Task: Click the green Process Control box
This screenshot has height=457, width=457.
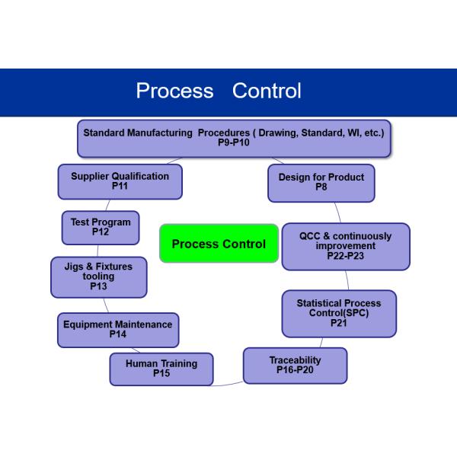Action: pos(219,244)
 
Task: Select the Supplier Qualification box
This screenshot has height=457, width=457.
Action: pos(120,181)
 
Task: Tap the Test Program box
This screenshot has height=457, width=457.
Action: pos(101,228)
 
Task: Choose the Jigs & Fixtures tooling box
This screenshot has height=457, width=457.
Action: pos(99,277)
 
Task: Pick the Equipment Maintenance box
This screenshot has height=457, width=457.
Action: pos(118,330)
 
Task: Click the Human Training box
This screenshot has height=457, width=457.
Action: pos(161,369)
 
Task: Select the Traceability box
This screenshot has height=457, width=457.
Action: pos(296,366)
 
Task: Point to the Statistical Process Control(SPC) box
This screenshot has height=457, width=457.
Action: pos(339,314)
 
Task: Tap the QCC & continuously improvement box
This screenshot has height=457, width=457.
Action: pos(346,247)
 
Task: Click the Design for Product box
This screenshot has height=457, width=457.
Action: pos(321,183)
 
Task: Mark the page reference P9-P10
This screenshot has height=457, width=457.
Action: pos(234,142)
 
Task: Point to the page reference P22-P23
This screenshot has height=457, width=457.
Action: pos(345,256)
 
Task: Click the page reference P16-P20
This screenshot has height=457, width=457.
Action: pos(295,370)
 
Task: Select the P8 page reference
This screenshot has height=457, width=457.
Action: pos(321,187)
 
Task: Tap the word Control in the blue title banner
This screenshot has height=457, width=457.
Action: pos(267,91)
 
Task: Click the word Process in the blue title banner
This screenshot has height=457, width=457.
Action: pos(175,91)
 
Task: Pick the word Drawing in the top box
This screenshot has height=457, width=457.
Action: pos(278,133)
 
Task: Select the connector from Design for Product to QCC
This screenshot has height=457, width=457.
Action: pos(337,213)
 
